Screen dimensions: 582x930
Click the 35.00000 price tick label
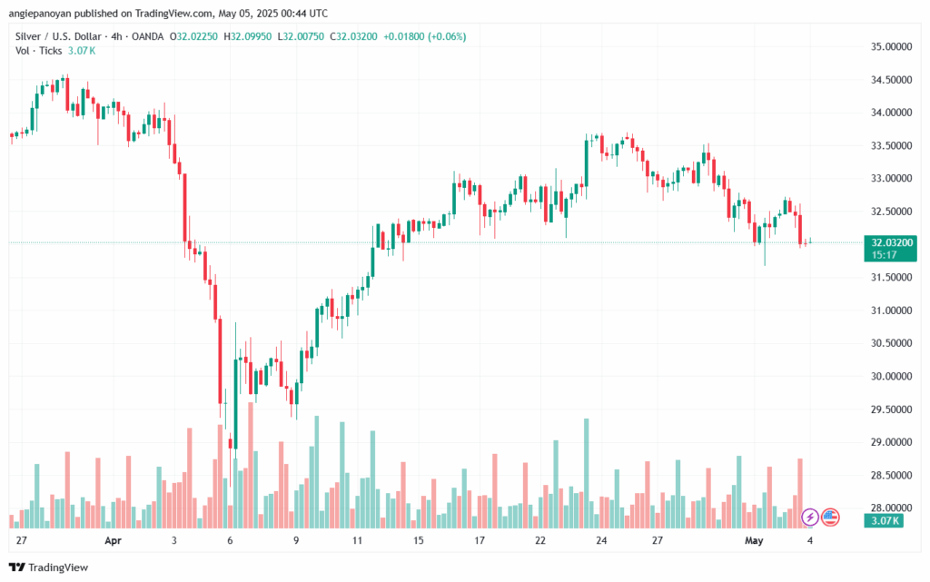[891, 46]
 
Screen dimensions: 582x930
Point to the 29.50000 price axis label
[891, 409]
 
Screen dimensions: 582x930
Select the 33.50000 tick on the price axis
[891, 145]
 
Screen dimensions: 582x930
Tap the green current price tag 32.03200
[891, 242]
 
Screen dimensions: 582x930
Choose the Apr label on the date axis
[113, 539]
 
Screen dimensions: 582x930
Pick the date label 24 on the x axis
[601, 539]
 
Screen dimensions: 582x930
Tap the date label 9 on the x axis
[296, 539]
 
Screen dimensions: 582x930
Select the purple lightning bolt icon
[809, 518]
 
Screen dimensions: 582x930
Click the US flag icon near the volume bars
[829, 518]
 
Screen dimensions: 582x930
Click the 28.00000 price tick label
[891, 508]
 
